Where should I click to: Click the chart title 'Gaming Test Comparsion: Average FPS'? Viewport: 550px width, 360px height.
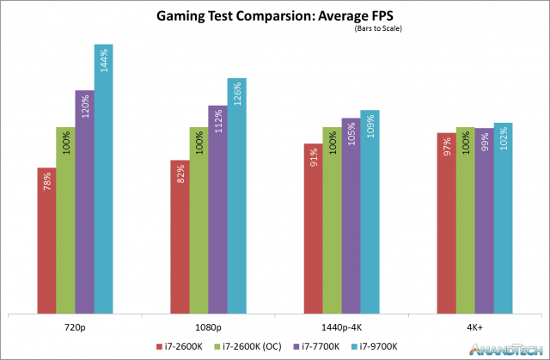tap(274, 16)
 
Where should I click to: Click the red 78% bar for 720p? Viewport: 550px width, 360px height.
tap(46, 240)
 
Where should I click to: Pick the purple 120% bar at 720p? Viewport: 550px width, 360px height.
tap(84, 201)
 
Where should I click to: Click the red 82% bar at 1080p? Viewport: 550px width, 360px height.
tap(180, 236)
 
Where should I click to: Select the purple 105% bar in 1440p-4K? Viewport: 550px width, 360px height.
tap(351, 215)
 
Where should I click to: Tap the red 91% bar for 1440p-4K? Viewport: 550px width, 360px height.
tap(313, 228)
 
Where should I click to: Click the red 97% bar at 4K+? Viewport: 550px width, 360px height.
tap(446, 223)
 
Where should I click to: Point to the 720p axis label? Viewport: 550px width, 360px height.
tap(75, 327)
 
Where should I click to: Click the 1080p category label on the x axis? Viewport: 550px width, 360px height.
tap(208, 327)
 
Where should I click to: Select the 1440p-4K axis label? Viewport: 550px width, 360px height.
tap(341, 327)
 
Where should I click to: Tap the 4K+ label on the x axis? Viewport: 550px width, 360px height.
tap(474, 327)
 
